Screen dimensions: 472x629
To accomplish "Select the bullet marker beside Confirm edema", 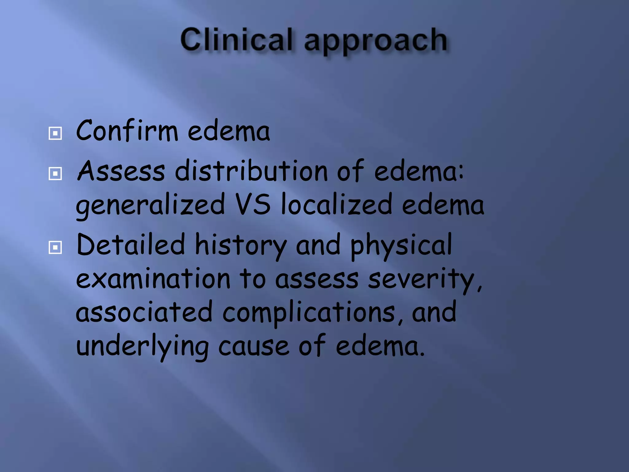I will [55, 133].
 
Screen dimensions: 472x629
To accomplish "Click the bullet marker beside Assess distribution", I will [55, 174].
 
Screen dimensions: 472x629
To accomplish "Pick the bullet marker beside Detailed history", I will [55, 247].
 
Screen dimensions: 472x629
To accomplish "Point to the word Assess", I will [121, 171].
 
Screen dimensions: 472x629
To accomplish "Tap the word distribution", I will [251, 171].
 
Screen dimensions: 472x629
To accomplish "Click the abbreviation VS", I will [253, 203].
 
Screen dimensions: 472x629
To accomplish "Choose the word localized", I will [337, 204].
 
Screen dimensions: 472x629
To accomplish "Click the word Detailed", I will [131, 245].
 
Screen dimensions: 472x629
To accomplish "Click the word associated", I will [144, 312].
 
